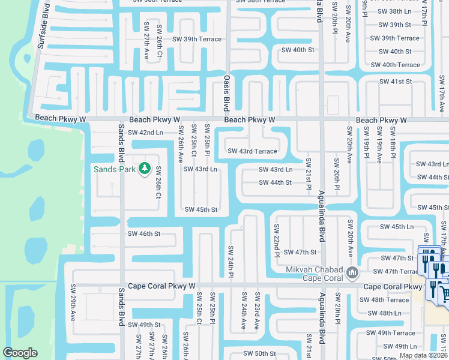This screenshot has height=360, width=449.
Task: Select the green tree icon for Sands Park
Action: tap(143, 169)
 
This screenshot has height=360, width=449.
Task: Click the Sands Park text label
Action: tap(114, 169)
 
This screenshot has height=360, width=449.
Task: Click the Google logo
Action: tap(20, 353)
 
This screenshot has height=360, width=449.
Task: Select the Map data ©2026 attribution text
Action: tap(423, 355)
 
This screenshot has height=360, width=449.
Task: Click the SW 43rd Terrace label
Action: tap(252, 151)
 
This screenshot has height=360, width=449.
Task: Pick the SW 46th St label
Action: tap(144, 233)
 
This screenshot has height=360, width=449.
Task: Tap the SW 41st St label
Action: tap(396, 81)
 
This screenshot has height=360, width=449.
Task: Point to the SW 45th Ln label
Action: tap(397, 227)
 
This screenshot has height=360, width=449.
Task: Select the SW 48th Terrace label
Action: tap(390, 299)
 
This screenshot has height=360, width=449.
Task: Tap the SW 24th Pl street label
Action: tap(231, 262)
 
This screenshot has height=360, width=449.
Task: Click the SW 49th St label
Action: tap(144, 325)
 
